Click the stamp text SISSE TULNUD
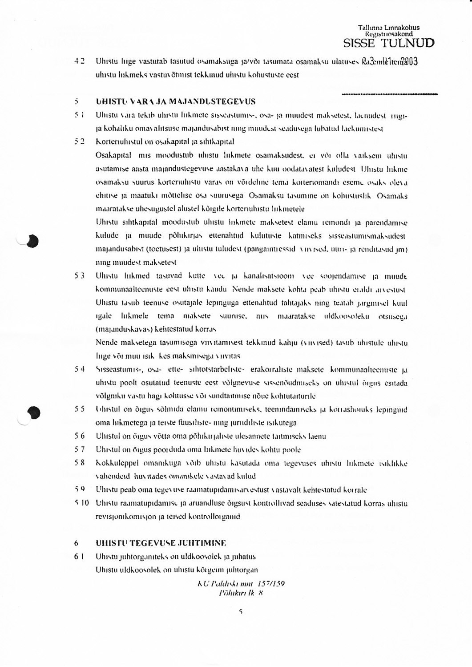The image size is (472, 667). (x=389, y=43)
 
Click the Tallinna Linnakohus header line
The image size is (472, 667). (x=389, y=28)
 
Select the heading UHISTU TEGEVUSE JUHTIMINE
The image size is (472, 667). (x=161, y=543)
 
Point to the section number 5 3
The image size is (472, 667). (x=80, y=276)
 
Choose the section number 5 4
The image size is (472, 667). (x=80, y=369)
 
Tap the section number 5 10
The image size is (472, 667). (x=82, y=503)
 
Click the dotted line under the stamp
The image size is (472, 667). (x=390, y=94)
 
